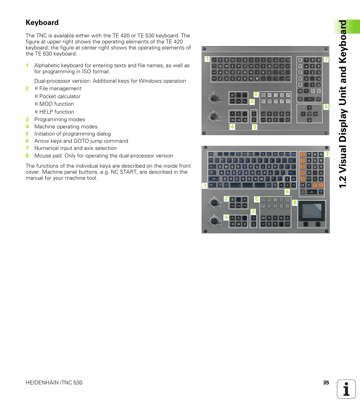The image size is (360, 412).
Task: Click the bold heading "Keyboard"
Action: [x=42, y=23]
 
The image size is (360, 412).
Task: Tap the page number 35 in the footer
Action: [x=326, y=383]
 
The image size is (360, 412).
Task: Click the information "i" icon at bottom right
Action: [x=346, y=389]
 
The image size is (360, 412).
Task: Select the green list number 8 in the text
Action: [x=27, y=156]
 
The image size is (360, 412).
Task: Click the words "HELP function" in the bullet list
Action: [x=57, y=112]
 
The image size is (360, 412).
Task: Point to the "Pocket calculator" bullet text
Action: [x=60, y=96]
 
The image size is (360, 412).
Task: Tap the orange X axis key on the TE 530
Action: [x=302, y=154]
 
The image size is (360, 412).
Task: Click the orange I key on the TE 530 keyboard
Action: [x=320, y=185]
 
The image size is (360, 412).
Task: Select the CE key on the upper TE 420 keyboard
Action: [x=300, y=91]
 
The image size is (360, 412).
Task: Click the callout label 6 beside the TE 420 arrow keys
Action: [x=326, y=107]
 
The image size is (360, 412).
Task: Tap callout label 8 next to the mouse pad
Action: [x=295, y=203]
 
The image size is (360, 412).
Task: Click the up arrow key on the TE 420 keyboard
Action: [x=309, y=108]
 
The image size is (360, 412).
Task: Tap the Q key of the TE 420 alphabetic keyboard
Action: [x=221, y=66]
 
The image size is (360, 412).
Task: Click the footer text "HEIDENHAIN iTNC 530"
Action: [x=54, y=383]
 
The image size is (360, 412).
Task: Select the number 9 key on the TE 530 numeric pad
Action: [x=320, y=154]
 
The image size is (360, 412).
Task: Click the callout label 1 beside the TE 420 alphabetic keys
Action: [x=207, y=59]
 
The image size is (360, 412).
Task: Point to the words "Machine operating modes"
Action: [x=66, y=127]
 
